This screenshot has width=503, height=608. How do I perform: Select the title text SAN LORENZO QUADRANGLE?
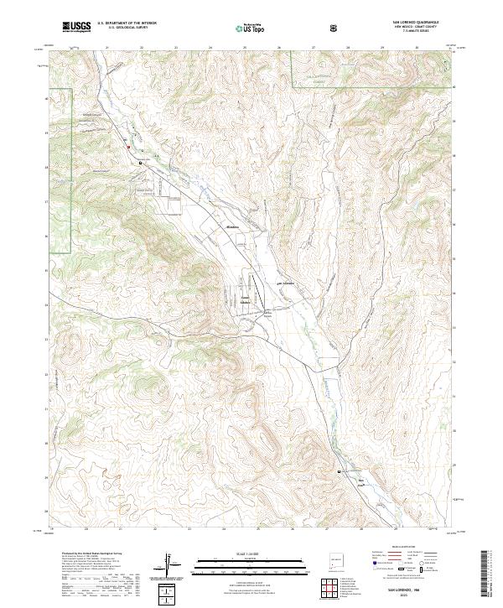point(412,23)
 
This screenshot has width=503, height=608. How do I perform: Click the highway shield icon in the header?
point(335,27)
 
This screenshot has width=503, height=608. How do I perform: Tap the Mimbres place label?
point(232,226)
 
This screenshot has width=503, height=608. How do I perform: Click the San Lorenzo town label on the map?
point(287,283)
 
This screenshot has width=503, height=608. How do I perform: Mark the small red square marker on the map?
point(128,148)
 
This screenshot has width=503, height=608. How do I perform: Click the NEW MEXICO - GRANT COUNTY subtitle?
point(412,29)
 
